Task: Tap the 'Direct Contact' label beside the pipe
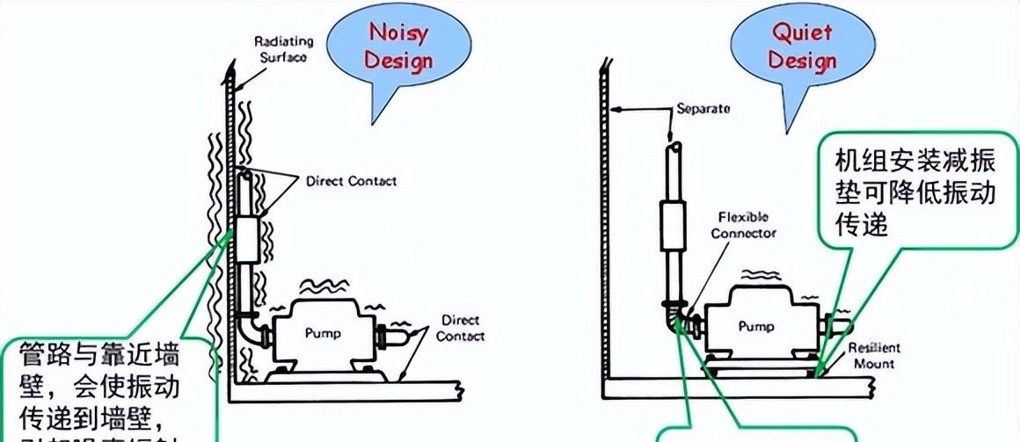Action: pyautogui.click(x=351, y=182)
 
